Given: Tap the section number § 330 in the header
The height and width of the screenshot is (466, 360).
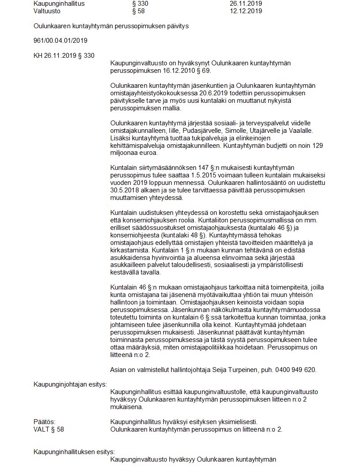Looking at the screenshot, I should pos(140,4).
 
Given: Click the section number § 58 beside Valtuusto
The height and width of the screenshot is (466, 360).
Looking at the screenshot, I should pos(138,11).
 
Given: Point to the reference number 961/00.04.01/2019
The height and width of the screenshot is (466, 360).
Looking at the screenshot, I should pos(60,41).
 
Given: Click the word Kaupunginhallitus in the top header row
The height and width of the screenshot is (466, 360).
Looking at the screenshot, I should pos(59,4).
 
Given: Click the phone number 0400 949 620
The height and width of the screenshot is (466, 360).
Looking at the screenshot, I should pos(294,370).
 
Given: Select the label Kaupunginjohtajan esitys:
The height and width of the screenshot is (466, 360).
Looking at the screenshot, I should pos(71,384).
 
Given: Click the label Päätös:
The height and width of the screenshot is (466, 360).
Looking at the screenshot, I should pos(44,422).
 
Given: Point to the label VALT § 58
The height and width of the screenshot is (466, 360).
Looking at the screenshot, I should pos(49,429).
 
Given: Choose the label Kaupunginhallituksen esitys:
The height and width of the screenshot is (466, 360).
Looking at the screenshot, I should pos(74,452).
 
